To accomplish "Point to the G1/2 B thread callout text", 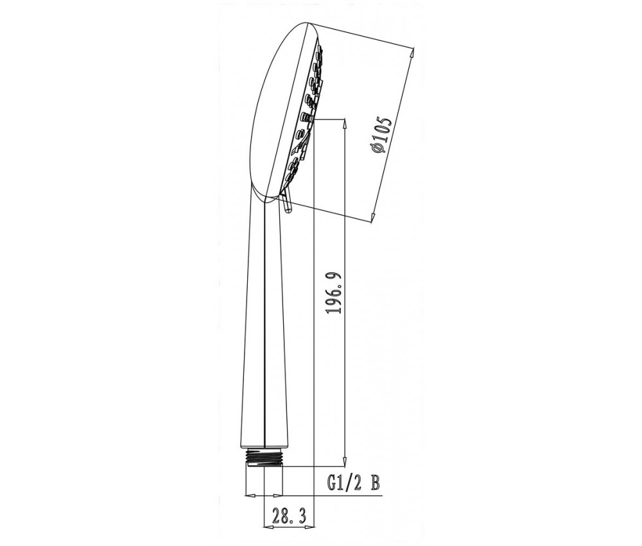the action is tap(353, 483).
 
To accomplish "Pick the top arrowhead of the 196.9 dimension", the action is tap(345, 124).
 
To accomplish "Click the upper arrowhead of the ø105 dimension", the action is tap(412, 53).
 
